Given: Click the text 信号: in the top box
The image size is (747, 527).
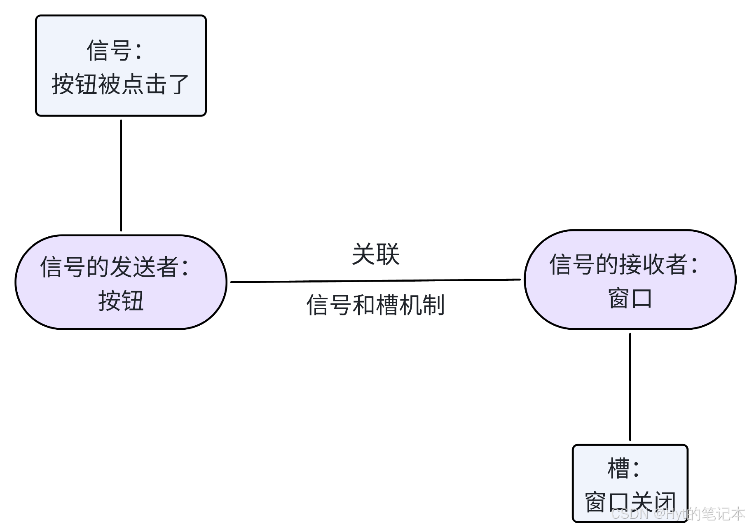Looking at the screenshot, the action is [x=115, y=50].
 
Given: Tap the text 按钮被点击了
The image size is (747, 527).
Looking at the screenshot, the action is [x=120, y=84].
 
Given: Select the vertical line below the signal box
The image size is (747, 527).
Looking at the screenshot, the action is [x=121, y=175].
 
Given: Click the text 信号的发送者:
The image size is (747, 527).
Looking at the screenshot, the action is [x=115, y=267].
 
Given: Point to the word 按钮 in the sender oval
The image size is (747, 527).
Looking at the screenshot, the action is [x=121, y=301].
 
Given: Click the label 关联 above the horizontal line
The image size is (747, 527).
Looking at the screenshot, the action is [x=376, y=254].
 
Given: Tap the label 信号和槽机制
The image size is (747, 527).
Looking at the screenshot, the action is [x=376, y=305].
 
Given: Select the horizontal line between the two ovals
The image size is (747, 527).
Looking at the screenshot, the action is [x=375, y=281].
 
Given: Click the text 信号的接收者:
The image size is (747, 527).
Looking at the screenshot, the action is [x=624, y=264].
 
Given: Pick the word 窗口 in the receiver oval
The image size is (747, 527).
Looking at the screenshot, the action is [x=630, y=298].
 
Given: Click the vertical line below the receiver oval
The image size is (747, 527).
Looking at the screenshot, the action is [x=630, y=387].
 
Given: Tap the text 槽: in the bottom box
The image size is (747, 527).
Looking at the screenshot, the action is [x=623, y=469].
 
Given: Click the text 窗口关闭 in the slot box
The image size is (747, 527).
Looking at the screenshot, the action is [x=630, y=502].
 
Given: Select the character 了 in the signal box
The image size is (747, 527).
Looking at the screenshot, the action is [x=178, y=84].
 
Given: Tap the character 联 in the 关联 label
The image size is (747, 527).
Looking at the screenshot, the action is [x=388, y=254].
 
